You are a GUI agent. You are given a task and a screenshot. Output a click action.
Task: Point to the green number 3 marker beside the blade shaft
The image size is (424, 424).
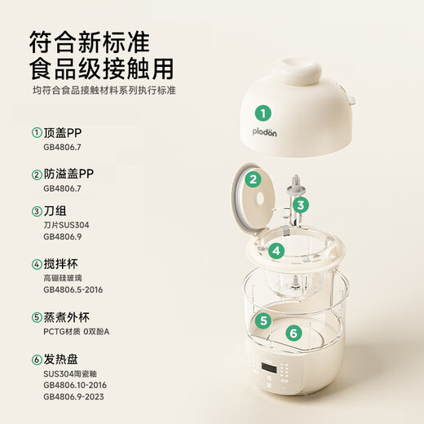pos(301,205)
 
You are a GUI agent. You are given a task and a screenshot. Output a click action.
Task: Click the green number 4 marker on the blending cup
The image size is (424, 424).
pos(277,250)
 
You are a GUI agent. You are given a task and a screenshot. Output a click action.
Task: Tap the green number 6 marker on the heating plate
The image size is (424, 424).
pos(295,333)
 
